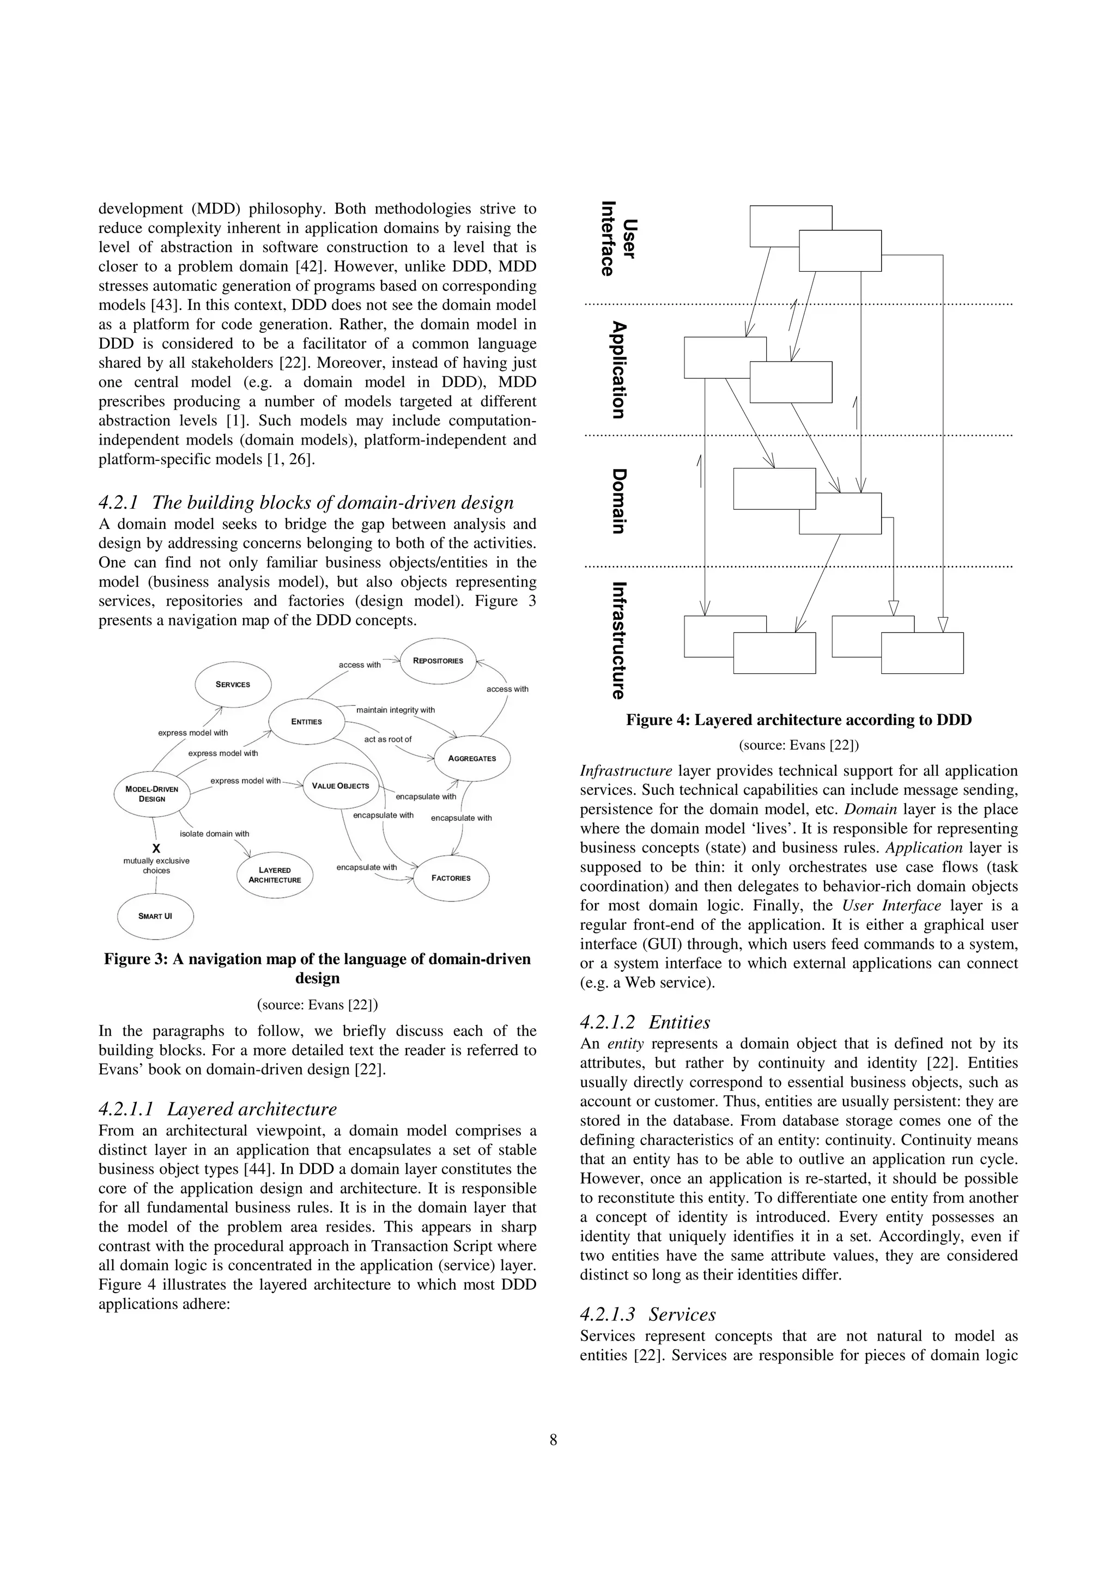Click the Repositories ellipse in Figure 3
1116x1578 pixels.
[x=438, y=661]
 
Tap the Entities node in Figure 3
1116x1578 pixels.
[x=306, y=721]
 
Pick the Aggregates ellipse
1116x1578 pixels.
[x=472, y=758]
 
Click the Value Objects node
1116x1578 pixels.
[x=341, y=785]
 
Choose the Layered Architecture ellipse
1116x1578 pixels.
[x=274, y=875]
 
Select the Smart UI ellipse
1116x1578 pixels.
[x=155, y=916]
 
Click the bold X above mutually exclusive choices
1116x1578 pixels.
[x=156, y=849]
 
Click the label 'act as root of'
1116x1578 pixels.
[x=388, y=740]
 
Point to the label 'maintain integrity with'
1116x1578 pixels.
[x=396, y=710]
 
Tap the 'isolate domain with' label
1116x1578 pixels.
[x=215, y=834]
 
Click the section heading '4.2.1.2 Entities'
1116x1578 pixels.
[x=645, y=1022]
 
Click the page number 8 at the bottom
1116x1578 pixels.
[x=554, y=1440]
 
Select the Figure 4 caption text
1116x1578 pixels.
[x=798, y=720]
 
